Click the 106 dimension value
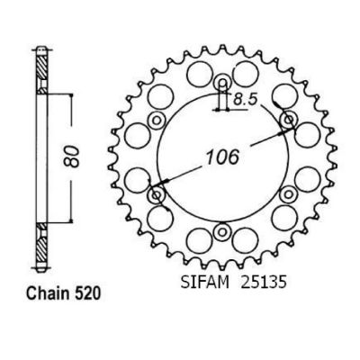coord(222,157)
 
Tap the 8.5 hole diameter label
coord(246,99)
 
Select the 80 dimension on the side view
coord(72,157)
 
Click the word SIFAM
coord(204,283)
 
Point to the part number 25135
coord(261,283)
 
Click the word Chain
coord(46,293)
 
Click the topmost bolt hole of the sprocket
coord(222,82)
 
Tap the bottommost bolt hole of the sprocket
coord(222,231)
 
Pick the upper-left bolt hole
coord(157,121)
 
